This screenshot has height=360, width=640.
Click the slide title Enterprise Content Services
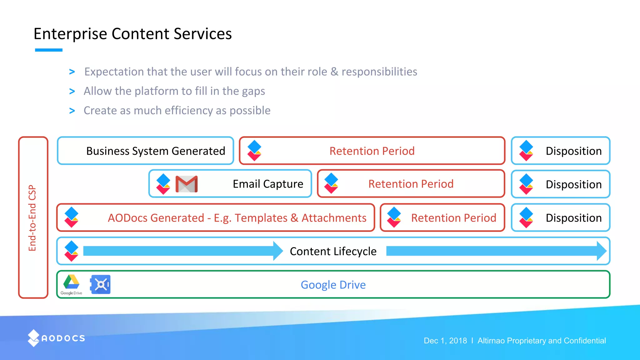click(x=132, y=34)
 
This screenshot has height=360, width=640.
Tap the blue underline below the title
click(x=49, y=50)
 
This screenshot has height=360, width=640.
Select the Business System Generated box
click(x=146, y=151)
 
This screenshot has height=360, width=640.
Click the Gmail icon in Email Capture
click(x=187, y=184)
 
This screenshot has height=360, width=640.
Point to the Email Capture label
click(x=268, y=184)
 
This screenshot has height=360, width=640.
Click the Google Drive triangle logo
click(x=71, y=282)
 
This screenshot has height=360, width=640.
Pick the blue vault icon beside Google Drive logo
click(x=100, y=284)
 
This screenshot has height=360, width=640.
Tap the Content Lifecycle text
click(x=333, y=251)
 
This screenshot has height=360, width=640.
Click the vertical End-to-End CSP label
click(x=32, y=218)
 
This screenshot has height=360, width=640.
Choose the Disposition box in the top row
click(x=561, y=151)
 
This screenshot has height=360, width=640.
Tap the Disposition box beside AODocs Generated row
click(x=561, y=218)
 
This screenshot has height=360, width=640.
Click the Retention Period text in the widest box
click(x=372, y=151)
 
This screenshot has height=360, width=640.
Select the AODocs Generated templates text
click(x=237, y=218)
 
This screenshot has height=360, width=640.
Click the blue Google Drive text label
click(x=333, y=285)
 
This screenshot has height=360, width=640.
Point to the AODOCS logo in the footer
click(x=57, y=338)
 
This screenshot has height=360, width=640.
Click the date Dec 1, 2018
click(x=445, y=341)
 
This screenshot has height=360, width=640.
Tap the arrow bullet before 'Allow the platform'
click(x=72, y=91)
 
